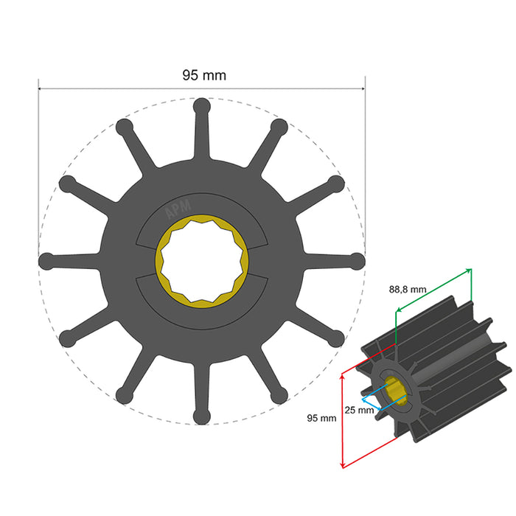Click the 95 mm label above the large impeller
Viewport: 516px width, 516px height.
click(x=204, y=75)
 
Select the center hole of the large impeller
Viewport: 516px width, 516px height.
click(x=201, y=261)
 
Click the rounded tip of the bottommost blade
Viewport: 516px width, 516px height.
click(x=201, y=417)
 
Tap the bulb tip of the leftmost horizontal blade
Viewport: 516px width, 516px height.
click(x=46, y=261)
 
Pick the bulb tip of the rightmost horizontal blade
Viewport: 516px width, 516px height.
click(x=357, y=261)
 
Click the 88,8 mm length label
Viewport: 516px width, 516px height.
click(x=408, y=290)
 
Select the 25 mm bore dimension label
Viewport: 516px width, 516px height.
click(x=359, y=410)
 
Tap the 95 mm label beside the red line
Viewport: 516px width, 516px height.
click(x=321, y=419)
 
